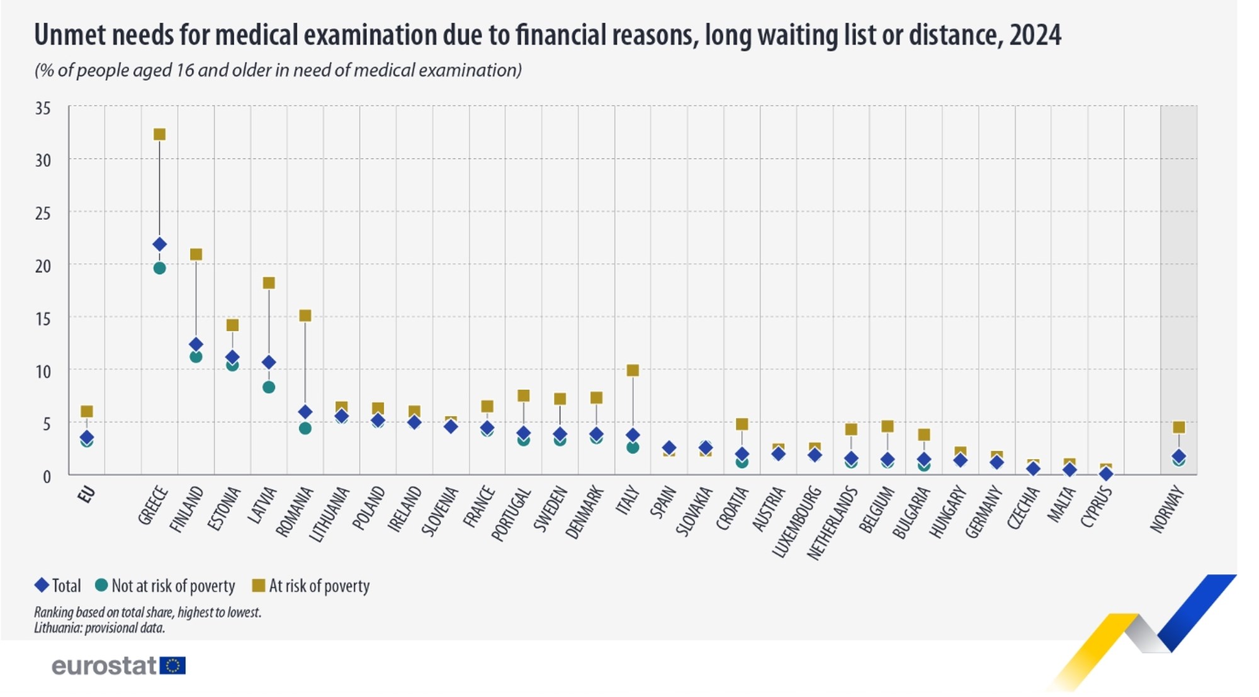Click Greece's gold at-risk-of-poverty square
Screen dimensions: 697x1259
(x=160, y=134)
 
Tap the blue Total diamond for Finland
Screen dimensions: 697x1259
(x=196, y=344)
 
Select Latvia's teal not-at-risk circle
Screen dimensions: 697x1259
(x=269, y=387)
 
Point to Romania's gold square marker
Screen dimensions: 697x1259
(x=305, y=315)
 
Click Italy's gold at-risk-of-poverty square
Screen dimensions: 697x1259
(x=633, y=370)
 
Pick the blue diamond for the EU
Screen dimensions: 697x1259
(x=87, y=437)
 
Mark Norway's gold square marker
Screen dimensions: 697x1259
(x=1179, y=428)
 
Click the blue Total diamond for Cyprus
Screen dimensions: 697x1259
(x=1106, y=473)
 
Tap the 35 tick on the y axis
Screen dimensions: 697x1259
(x=43, y=108)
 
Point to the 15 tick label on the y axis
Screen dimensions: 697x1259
(x=43, y=319)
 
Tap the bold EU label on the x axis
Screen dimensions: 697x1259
(x=86, y=495)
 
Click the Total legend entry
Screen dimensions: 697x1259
(x=58, y=586)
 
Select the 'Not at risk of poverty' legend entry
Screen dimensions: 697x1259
(x=165, y=586)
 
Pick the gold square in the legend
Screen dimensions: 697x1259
(x=258, y=586)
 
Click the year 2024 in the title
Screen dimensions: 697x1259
(x=1036, y=35)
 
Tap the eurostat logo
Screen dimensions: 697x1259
(x=118, y=666)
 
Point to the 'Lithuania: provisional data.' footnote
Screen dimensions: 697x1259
(x=99, y=628)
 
